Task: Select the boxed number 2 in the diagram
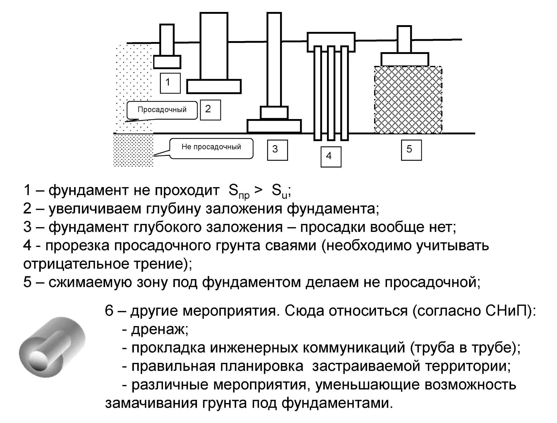coord(210,110)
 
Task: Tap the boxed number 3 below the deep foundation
coord(277,150)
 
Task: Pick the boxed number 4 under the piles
coord(331,156)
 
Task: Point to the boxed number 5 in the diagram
coord(411,150)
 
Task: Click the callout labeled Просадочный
coord(162,110)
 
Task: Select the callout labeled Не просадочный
coord(211,148)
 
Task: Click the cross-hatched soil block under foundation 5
coord(408,100)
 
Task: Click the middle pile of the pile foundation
coord(331,92)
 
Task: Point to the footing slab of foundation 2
coord(214,86)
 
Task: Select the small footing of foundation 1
coord(167,62)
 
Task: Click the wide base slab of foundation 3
coord(274,126)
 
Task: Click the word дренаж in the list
coord(159,330)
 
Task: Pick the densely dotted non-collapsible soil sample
coord(133,150)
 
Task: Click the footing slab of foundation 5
coord(404,59)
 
